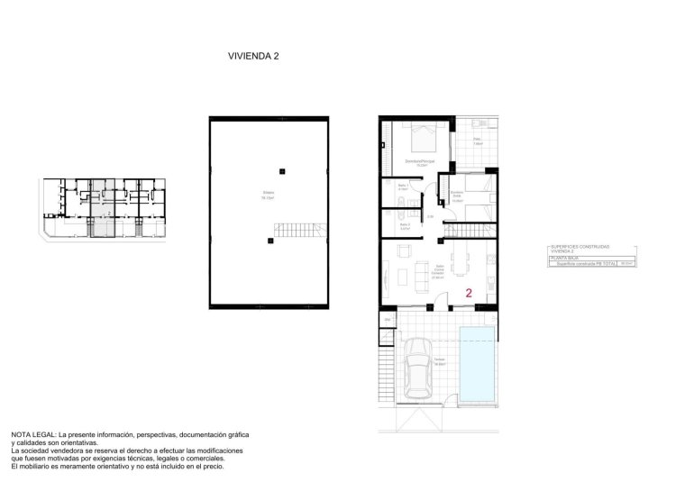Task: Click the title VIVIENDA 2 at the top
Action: click(x=253, y=56)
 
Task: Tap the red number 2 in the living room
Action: click(x=469, y=293)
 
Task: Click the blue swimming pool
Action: click(x=477, y=367)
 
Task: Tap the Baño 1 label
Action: click(x=404, y=186)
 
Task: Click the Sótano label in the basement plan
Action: click(x=269, y=195)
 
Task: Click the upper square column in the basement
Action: click(x=282, y=171)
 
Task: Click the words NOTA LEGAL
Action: click(x=32, y=434)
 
